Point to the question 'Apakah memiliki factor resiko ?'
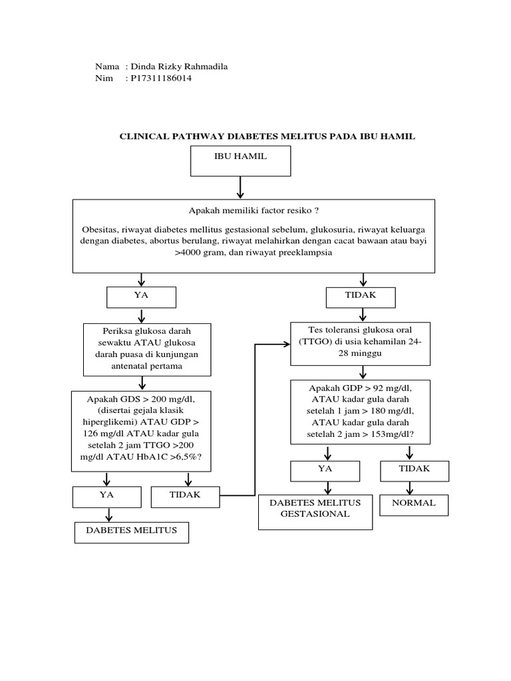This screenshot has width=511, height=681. (254, 209)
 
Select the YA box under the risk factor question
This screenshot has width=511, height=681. (141, 297)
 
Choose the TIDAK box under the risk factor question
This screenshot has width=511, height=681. (361, 297)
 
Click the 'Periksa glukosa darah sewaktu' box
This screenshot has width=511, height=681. (147, 348)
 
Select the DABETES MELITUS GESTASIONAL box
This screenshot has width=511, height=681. (314, 512)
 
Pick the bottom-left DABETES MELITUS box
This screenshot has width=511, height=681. (130, 533)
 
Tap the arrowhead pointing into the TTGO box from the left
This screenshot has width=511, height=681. (286, 344)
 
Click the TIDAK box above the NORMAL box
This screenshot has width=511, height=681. (414, 471)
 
